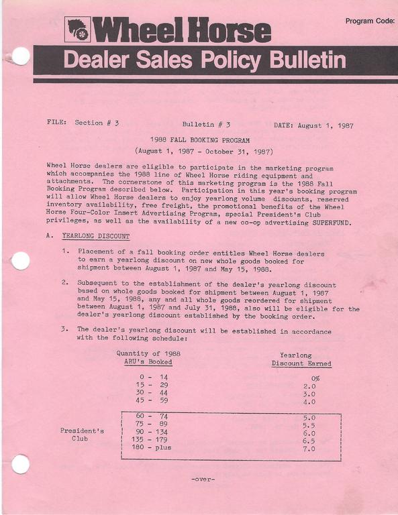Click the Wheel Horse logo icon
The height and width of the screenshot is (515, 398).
tap(78, 29)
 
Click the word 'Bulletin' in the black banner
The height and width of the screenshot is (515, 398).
tap(308, 60)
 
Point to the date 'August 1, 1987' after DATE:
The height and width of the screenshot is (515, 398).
tap(326, 125)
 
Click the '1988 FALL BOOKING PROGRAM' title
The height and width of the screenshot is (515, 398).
tap(200, 141)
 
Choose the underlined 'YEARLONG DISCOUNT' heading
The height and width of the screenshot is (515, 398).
tap(95, 236)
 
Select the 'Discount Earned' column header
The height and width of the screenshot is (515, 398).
tap(301, 363)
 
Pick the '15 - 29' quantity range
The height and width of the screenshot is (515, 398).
tap(152, 386)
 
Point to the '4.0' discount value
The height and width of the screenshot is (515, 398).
tap(309, 402)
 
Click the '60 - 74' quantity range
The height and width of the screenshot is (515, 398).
tap(152, 416)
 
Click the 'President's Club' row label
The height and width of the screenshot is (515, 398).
tap(82, 435)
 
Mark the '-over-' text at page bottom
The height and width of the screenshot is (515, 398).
tap(203, 479)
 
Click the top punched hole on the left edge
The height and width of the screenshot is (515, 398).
tap(21, 56)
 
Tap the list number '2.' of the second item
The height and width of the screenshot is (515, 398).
tap(65, 283)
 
